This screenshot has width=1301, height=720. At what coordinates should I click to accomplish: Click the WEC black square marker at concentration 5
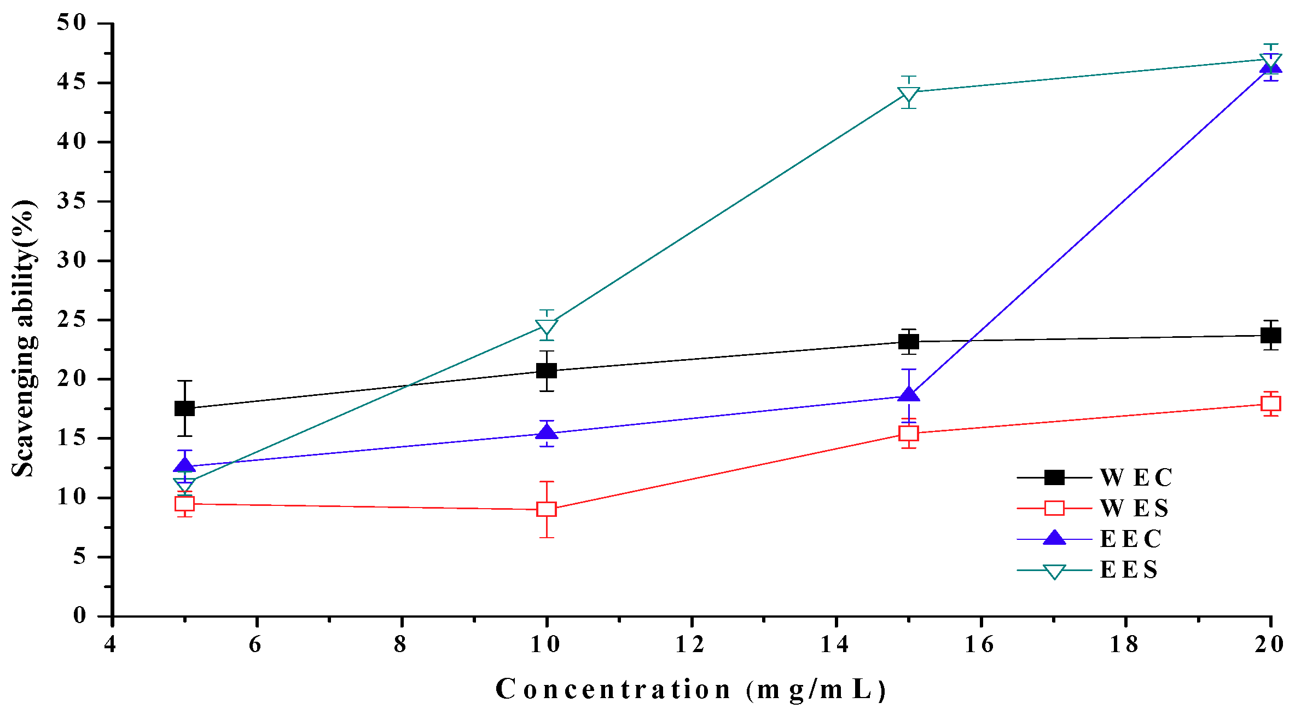point(184,408)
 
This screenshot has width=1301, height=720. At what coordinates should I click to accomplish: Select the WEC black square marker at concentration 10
point(546,371)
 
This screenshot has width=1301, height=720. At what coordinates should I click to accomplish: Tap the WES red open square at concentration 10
point(546,509)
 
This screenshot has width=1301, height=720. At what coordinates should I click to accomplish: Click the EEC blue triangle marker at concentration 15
point(908,395)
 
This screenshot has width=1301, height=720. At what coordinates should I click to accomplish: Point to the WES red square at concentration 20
point(1270,404)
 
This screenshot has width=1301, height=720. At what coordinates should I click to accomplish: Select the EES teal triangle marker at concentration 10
point(546,327)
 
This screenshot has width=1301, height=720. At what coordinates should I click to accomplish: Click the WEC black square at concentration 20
point(1270,335)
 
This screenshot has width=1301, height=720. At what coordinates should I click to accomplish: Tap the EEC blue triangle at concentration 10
point(546,433)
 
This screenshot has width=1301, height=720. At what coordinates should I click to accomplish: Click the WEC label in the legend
point(1136,477)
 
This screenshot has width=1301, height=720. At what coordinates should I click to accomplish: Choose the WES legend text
point(1134,508)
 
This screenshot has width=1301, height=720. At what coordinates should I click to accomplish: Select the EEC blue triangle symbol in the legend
point(1054,538)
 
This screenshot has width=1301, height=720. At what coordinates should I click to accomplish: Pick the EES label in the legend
point(1129,570)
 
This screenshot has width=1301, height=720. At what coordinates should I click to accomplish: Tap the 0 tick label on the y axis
point(80,615)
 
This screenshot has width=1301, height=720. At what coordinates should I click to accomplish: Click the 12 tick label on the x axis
point(690,645)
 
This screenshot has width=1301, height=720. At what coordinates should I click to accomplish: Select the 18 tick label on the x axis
point(1125,645)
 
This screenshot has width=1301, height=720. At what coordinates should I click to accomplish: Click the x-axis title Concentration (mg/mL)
point(690,690)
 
